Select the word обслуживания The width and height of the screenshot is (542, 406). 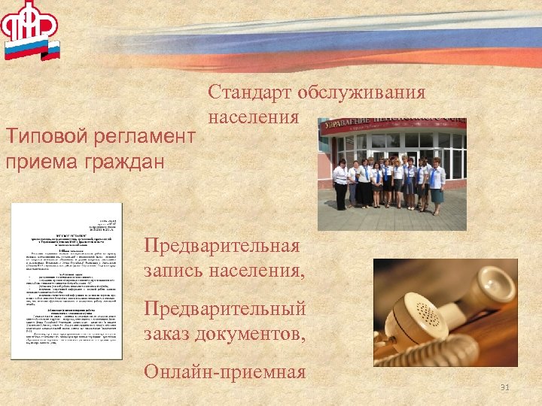(361, 93)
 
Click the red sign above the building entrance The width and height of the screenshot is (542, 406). (391, 125)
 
